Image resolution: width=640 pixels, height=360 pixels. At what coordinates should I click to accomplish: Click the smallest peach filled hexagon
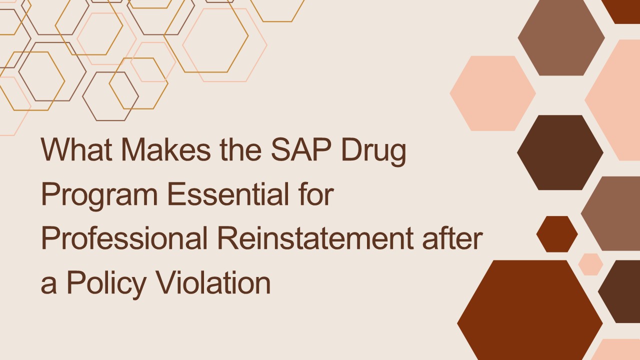tap(590, 264)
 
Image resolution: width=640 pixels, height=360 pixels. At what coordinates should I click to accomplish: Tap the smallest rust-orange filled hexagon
tap(557, 234)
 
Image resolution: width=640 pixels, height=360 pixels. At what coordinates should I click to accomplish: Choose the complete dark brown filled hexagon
tap(560, 152)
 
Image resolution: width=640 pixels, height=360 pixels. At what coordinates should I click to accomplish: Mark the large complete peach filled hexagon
tap(492, 93)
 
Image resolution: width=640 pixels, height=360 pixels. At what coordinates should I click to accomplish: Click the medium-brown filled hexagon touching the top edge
tap(561, 38)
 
